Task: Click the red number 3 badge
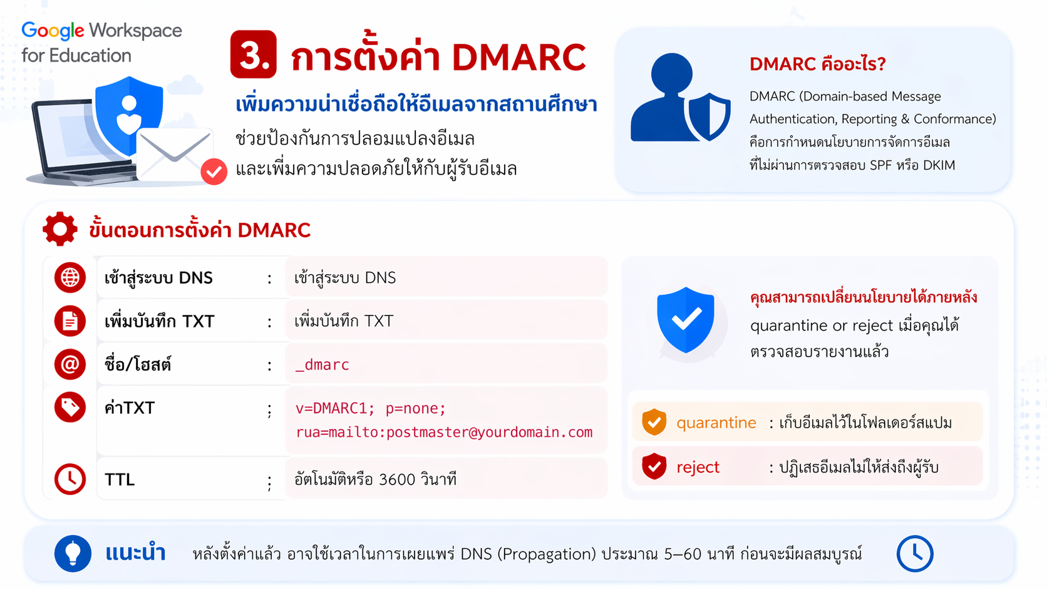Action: click(254, 54)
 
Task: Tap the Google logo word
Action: click(53, 31)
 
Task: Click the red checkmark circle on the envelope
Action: click(214, 172)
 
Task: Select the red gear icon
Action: click(60, 229)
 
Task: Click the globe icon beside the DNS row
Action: click(70, 277)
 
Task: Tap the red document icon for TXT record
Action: click(70, 321)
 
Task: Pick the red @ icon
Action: click(70, 364)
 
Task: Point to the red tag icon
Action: click(70, 407)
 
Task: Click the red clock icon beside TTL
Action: click(70, 479)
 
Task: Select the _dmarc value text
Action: click(322, 364)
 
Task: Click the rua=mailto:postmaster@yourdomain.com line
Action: click(444, 432)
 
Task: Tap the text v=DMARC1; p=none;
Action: click(371, 408)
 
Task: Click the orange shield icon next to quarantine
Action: click(654, 422)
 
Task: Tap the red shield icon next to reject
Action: click(654, 466)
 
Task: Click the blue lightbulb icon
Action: click(73, 553)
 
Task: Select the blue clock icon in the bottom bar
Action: click(915, 553)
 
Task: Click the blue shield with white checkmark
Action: click(686, 320)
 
